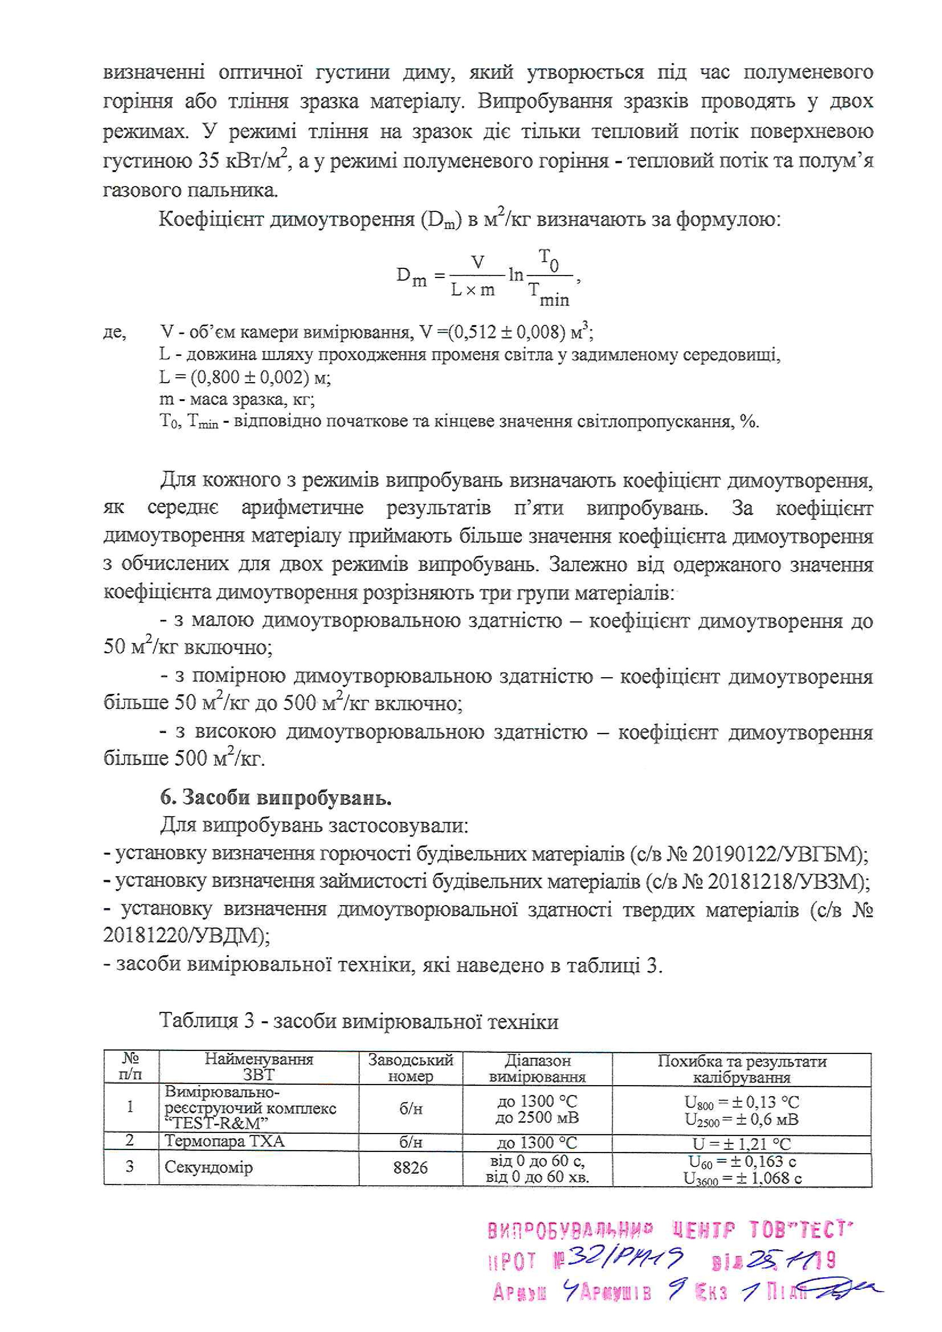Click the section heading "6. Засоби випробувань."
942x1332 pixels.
(275, 798)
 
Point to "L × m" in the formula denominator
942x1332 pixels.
(473, 289)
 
